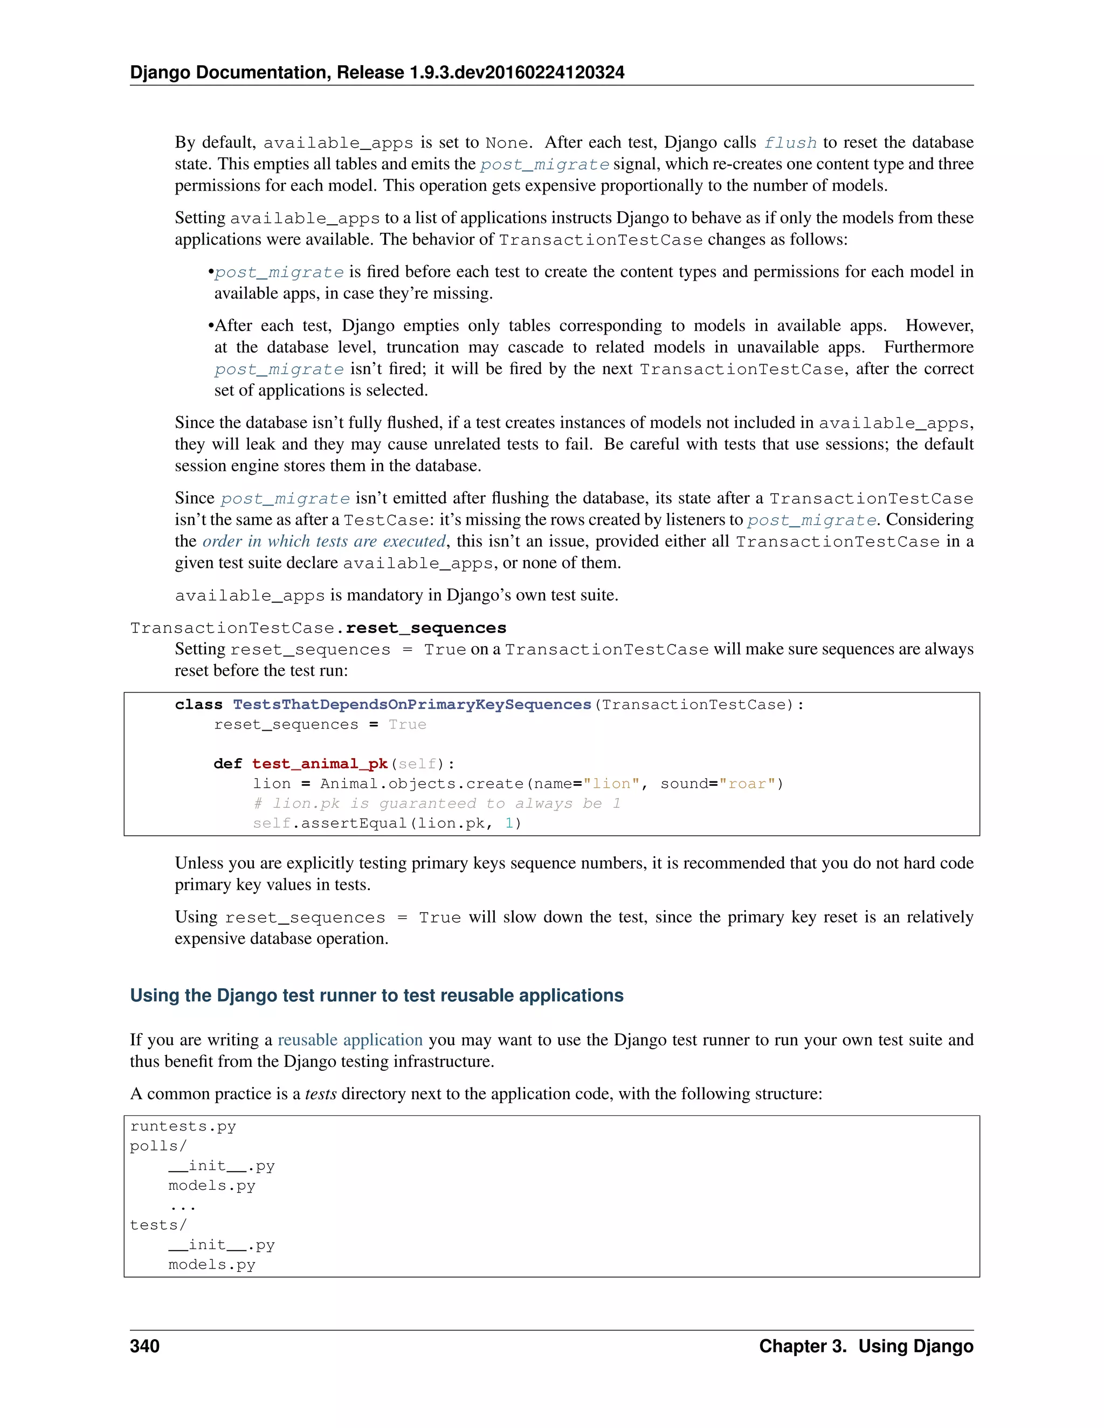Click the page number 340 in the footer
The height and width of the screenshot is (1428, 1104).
point(144,1346)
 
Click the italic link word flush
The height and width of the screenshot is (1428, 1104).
point(790,143)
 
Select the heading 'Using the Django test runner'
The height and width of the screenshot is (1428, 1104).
point(376,995)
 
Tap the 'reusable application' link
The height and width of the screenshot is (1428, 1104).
point(350,1039)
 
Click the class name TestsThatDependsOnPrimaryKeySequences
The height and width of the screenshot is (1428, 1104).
point(412,704)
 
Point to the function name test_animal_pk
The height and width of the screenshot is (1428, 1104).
point(320,764)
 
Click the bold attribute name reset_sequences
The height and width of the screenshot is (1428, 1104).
point(426,628)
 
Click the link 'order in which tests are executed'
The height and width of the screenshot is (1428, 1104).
point(324,542)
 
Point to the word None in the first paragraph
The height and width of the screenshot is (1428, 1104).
point(507,143)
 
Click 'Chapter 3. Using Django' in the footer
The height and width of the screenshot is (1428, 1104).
point(865,1346)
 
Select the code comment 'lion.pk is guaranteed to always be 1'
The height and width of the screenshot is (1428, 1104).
point(436,803)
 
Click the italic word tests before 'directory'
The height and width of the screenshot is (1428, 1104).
point(321,1094)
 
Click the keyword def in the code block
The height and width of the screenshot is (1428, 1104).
point(227,764)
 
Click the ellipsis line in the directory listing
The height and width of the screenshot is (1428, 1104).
point(183,1205)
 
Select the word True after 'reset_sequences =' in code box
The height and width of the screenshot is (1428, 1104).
point(407,724)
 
